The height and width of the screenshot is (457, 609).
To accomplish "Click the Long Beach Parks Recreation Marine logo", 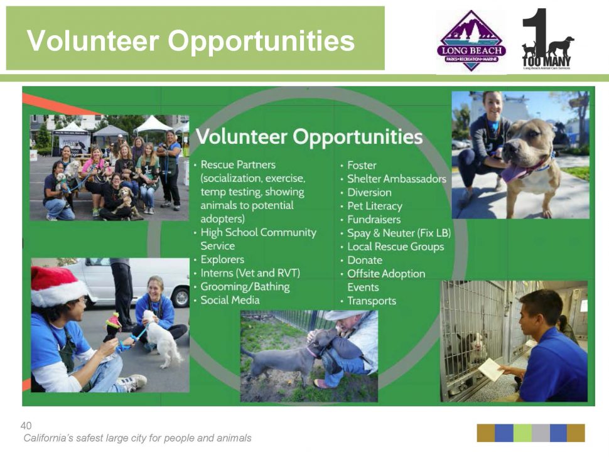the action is tap(472, 41).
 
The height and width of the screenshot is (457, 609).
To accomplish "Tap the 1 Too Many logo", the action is tap(547, 39).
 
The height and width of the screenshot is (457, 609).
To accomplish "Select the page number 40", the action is tap(26, 426).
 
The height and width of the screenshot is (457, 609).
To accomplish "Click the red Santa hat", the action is tap(58, 286).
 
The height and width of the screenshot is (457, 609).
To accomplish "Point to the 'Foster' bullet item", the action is tap(362, 165).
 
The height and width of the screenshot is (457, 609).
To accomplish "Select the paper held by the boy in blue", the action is tap(491, 369).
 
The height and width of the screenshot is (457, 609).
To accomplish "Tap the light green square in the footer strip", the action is tap(522, 433).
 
